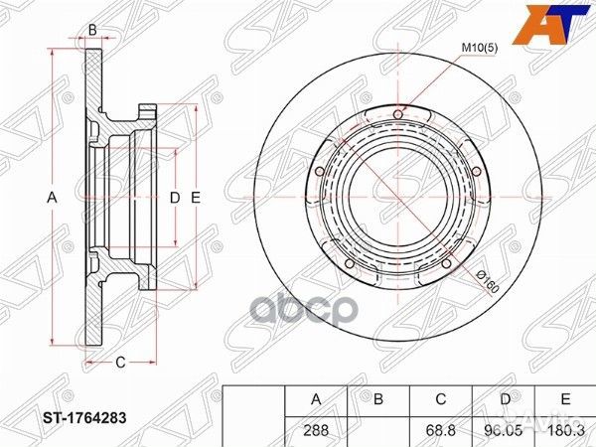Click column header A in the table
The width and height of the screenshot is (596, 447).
click(316, 400)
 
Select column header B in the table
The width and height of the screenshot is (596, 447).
click(377, 400)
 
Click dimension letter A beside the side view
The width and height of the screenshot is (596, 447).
click(52, 198)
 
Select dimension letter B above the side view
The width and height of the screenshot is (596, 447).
click(92, 30)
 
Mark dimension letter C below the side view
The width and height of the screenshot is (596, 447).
click(119, 363)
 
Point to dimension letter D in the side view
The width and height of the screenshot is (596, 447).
click(174, 198)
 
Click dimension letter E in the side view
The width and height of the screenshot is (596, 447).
click(196, 198)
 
